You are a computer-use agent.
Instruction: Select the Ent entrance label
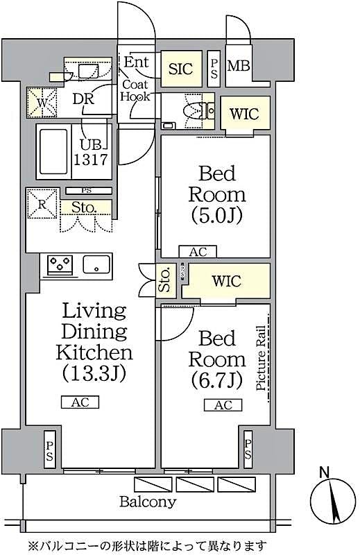point(137,62)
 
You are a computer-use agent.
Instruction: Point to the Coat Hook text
point(136,91)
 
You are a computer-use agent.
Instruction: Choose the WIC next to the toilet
point(244,114)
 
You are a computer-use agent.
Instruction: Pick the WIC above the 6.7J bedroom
point(226,281)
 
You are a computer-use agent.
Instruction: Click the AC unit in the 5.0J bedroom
point(198,252)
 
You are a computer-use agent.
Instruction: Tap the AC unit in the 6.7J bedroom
point(223,406)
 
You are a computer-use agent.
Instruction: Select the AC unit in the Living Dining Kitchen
point(80,402)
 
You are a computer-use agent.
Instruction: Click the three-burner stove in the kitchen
point(60,264)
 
